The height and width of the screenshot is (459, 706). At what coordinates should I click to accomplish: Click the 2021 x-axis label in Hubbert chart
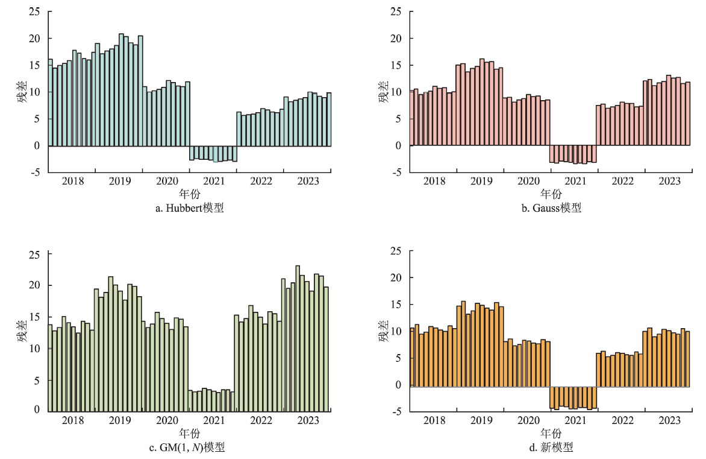pos(214,180)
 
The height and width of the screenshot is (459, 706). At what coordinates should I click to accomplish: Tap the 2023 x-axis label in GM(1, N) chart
pos(308,420)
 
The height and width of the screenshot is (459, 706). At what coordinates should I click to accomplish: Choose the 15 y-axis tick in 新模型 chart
pos(396,305)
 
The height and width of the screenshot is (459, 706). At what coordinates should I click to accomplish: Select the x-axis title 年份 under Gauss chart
pos(551,194)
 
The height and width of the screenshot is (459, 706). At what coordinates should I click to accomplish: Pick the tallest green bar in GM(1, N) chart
pos(298,337)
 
